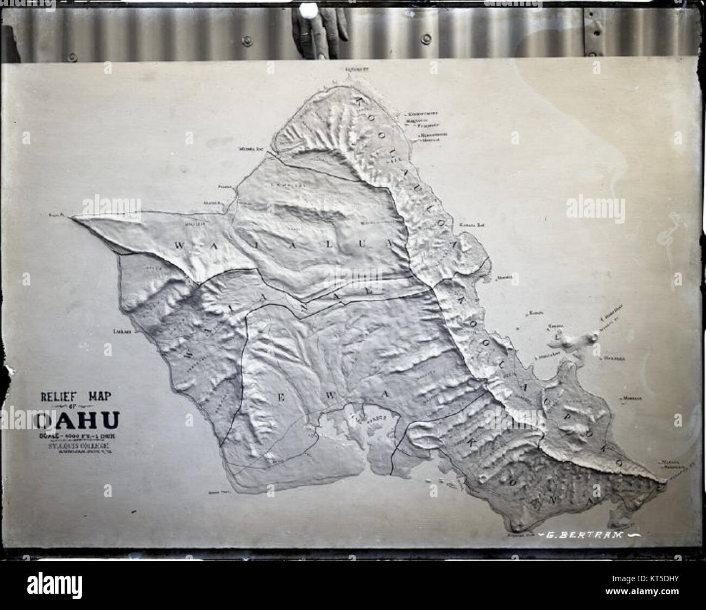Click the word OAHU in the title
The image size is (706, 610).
[x=79, y=421]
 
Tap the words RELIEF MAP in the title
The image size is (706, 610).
[x=76, y=397]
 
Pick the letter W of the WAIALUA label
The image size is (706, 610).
[x=179, y=245]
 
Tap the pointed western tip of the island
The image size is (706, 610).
[x=75, y=217]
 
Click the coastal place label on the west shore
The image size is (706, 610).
[x=120, y=330]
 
